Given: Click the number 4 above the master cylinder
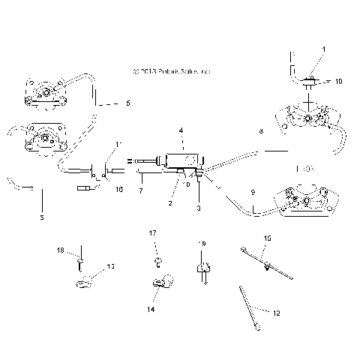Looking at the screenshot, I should [180, 130].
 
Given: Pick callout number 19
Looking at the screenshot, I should [201, 244].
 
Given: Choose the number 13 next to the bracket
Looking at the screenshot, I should [111, 266].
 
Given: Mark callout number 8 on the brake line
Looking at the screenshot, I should [261, 131].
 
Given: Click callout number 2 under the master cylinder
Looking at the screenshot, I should [171, 202].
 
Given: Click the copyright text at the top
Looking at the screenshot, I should [171, 72].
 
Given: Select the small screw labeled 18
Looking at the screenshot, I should [79, 262].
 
